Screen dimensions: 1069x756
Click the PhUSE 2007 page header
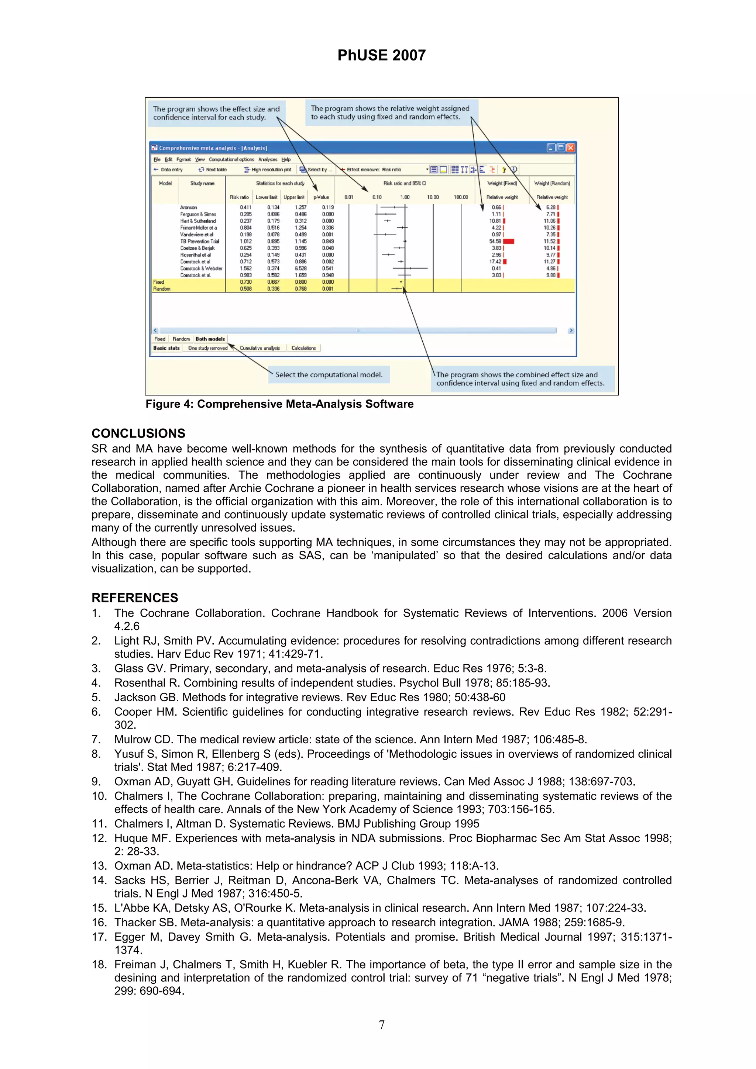(381, 55)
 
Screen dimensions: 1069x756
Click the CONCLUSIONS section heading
(138, 433)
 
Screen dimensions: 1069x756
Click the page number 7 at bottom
(381, 1025)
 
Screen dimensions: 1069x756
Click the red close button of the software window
(571, 148)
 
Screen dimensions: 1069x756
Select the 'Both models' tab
(210, 339)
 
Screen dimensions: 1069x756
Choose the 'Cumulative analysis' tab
(260, 348)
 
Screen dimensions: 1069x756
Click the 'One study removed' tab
(208, 348)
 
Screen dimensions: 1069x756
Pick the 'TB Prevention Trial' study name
(199, 241)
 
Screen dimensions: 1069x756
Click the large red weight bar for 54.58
(509, 241)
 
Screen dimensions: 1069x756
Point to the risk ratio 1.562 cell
(245, 268)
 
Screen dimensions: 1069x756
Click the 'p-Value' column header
(321, 197)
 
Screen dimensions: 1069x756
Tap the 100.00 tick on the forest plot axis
(461, 197)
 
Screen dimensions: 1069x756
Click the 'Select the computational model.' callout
(329, 374)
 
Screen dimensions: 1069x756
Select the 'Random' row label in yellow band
(162, 289)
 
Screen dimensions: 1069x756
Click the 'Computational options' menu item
(231, 159)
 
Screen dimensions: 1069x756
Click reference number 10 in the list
(99, 796)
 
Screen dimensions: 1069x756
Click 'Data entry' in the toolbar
(171, 169)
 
